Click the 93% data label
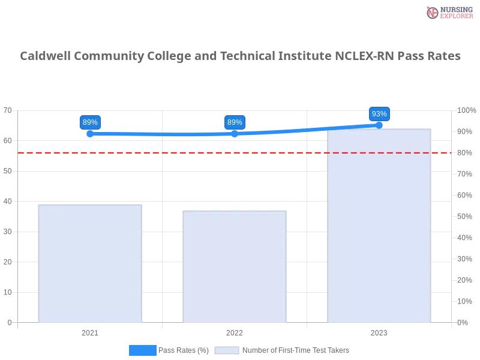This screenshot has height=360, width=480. pos(379,114)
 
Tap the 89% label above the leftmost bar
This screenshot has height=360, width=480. pos(90,122)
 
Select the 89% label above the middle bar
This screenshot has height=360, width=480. pos(235,122)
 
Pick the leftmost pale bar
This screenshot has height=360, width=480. pos(90,264)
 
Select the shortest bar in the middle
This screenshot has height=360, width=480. pos(235,267)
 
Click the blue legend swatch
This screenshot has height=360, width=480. pos(142,350)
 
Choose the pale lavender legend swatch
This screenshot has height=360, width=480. pos(227,350)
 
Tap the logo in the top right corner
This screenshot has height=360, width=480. pos(448,13)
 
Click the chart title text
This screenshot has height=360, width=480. pos(240,56)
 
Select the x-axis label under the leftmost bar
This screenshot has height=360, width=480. pos(90,331)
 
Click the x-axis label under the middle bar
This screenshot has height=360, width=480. pos(235,331)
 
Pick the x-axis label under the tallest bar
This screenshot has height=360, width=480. pos(379,331)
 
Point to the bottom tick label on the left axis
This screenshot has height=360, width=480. pos(9,322)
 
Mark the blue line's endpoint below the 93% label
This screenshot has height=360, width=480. pos(379,125)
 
